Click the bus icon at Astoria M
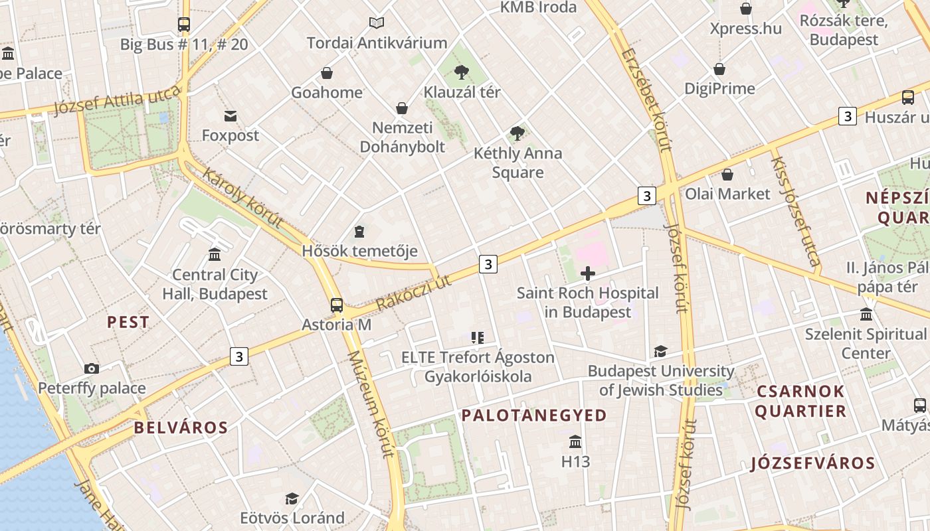[337, 305]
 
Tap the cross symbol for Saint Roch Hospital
[587, 273]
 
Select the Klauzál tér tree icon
[461, 72]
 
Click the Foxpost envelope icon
[231, 116]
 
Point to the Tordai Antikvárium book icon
[377, 23]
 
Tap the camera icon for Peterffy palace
[92, 368]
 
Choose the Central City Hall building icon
[215, 254]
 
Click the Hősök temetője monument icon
[359, 231]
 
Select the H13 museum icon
[575, 441]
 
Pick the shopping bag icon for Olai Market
[727, 175]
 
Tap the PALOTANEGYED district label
[534, 416]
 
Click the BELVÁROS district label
[181, 427]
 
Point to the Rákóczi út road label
[413, 293]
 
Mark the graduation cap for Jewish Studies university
[660, 351]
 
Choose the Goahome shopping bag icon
[326, 73]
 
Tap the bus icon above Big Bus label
[184, 25]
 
